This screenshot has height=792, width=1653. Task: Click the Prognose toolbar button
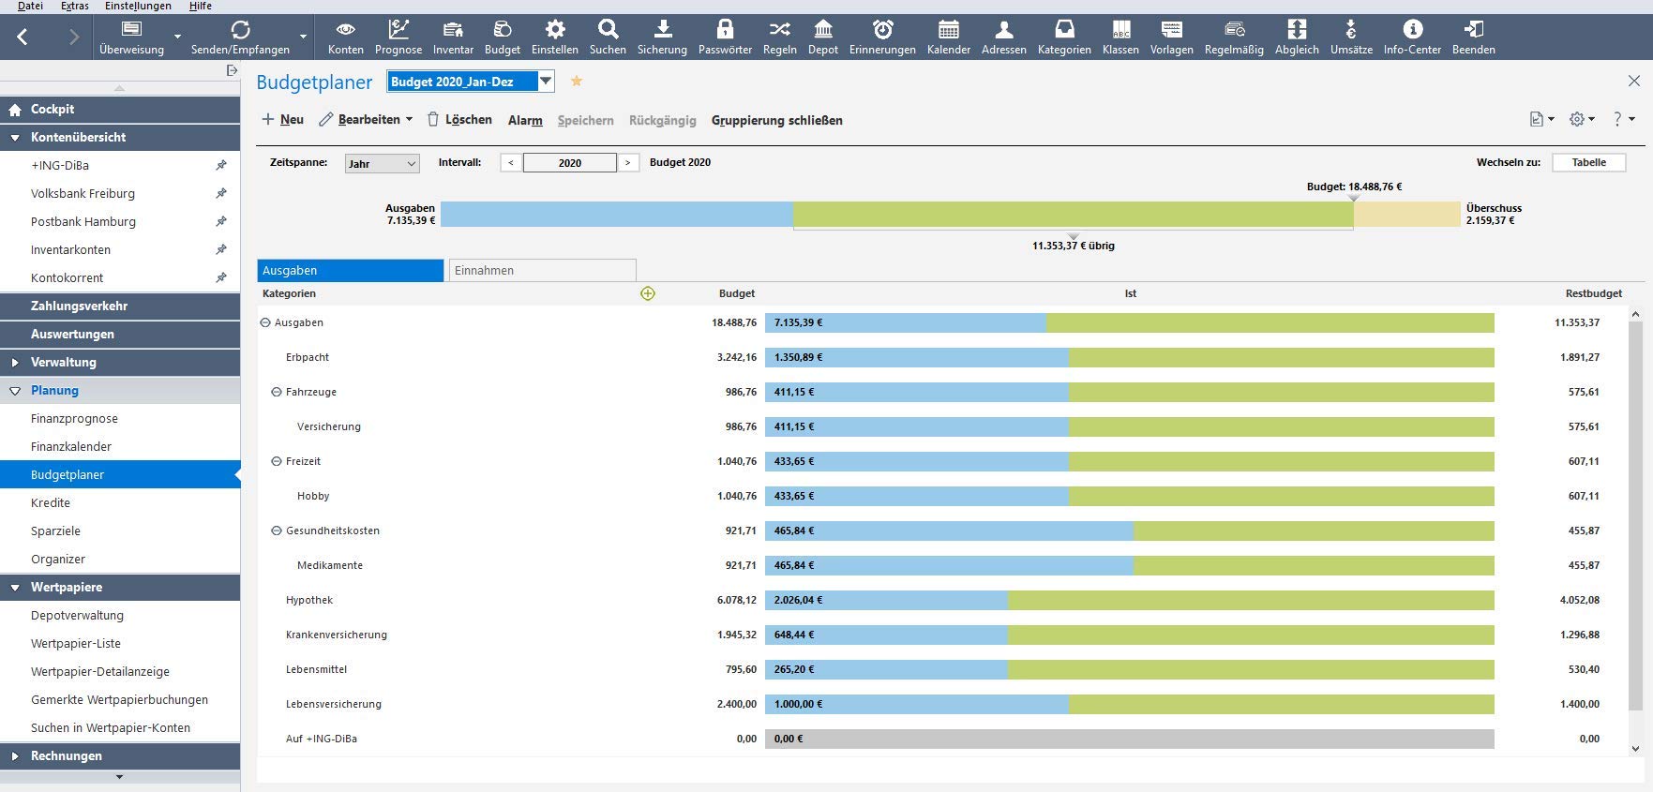[x=398, y=37]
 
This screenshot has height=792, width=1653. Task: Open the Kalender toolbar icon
[x=948, y=37]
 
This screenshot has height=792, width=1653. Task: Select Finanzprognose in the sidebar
[x=74, y=418]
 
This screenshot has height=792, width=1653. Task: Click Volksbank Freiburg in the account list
[x=83, y=193]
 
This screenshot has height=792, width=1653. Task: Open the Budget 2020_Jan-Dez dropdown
[x=545, y=82]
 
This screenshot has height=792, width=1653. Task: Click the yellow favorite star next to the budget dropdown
[x=577, y=82]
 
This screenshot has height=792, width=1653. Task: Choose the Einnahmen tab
[x=542, y=270]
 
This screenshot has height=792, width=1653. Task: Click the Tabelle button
[x=1588, y=162]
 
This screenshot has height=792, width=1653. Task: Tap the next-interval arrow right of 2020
[x=627, y=163]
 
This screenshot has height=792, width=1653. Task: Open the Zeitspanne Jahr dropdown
[x=382, y=163]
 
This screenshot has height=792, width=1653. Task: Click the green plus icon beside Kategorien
[x=647, y=293]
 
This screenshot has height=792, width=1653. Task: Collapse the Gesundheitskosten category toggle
[x=277, y=530]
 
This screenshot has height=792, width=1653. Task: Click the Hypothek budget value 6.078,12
[x=736, y=600]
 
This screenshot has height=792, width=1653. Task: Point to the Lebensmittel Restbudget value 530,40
[x=1584, y=669]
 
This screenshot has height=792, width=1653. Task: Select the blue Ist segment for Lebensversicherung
[x=917, y=704]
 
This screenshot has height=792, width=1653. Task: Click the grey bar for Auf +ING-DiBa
[x=1129, y=739]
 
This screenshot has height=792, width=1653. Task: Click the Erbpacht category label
[x=308, y=357]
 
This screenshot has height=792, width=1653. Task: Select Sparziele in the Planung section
[x=55, y=530]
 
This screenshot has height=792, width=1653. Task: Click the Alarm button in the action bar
[x=525, y=120]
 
